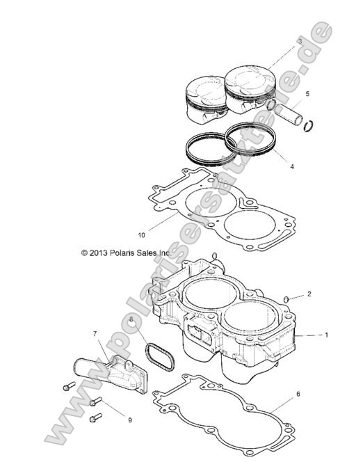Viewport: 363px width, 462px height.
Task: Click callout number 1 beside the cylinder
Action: tap(327, 335)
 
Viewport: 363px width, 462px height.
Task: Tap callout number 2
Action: tap(309, 294)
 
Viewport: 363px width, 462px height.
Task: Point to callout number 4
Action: tap(291, 167)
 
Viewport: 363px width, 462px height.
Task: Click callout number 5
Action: tap(308, 93)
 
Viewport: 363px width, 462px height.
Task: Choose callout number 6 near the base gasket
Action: tap(298, 394)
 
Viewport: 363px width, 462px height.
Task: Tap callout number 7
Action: tap(95, 334)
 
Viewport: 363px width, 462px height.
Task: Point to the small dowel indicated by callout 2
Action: tap(284, 300)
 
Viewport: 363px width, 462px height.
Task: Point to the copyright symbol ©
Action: tap(84, 253)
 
